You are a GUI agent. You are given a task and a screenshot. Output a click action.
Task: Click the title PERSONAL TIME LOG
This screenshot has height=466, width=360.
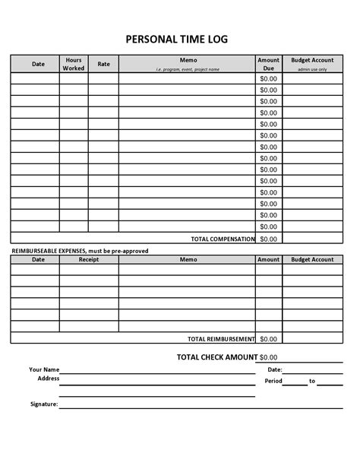tap(175, 39)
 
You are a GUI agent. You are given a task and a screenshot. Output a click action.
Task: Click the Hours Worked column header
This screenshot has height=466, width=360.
tap(74, 64)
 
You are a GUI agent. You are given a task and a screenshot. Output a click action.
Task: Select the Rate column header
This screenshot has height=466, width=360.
tap(103, 64)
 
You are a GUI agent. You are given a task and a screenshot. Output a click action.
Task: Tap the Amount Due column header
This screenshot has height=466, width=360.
tap(269, 64)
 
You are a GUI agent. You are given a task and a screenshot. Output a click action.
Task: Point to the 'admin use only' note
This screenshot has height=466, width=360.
tap(312, 69)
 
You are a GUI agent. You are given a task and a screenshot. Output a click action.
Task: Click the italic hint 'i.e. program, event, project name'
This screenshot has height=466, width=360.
tap(188, 69)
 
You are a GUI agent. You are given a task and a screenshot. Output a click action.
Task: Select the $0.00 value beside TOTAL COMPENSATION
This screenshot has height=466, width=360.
tap(269, 239)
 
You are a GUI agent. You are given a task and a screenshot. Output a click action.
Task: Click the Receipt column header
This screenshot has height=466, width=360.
tap(89, 259)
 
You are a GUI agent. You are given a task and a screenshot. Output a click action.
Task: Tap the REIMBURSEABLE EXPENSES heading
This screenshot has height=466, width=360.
tap(80, 251)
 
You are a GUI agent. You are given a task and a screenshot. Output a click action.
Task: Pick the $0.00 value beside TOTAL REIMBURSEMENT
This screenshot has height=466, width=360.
tap(269, 338)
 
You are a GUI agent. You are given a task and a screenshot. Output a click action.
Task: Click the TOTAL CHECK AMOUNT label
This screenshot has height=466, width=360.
tap(216, 357)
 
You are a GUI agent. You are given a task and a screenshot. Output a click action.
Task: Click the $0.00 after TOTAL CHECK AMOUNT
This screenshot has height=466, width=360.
tap(269, 357)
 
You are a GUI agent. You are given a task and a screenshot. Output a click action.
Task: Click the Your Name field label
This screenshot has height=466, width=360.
tap(45, 369)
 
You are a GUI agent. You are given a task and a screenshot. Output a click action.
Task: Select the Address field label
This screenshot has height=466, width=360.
tap(48, 378)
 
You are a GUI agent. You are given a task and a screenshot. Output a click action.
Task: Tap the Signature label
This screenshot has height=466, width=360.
tap(44, 404)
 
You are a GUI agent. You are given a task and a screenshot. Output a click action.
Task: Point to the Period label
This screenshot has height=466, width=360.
tap(273, 381)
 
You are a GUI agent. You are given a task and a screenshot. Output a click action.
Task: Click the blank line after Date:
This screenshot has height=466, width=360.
tap(314, 371)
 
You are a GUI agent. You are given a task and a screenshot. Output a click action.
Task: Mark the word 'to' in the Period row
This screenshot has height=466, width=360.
tap(311, 381)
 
